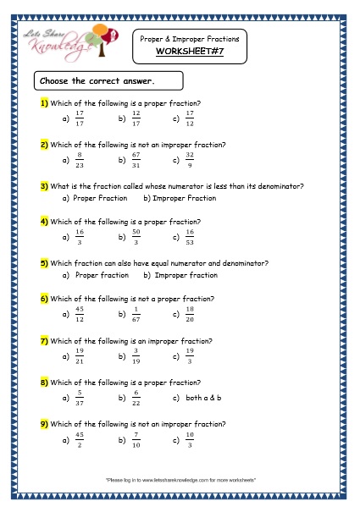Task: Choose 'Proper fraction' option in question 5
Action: (102, 275)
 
